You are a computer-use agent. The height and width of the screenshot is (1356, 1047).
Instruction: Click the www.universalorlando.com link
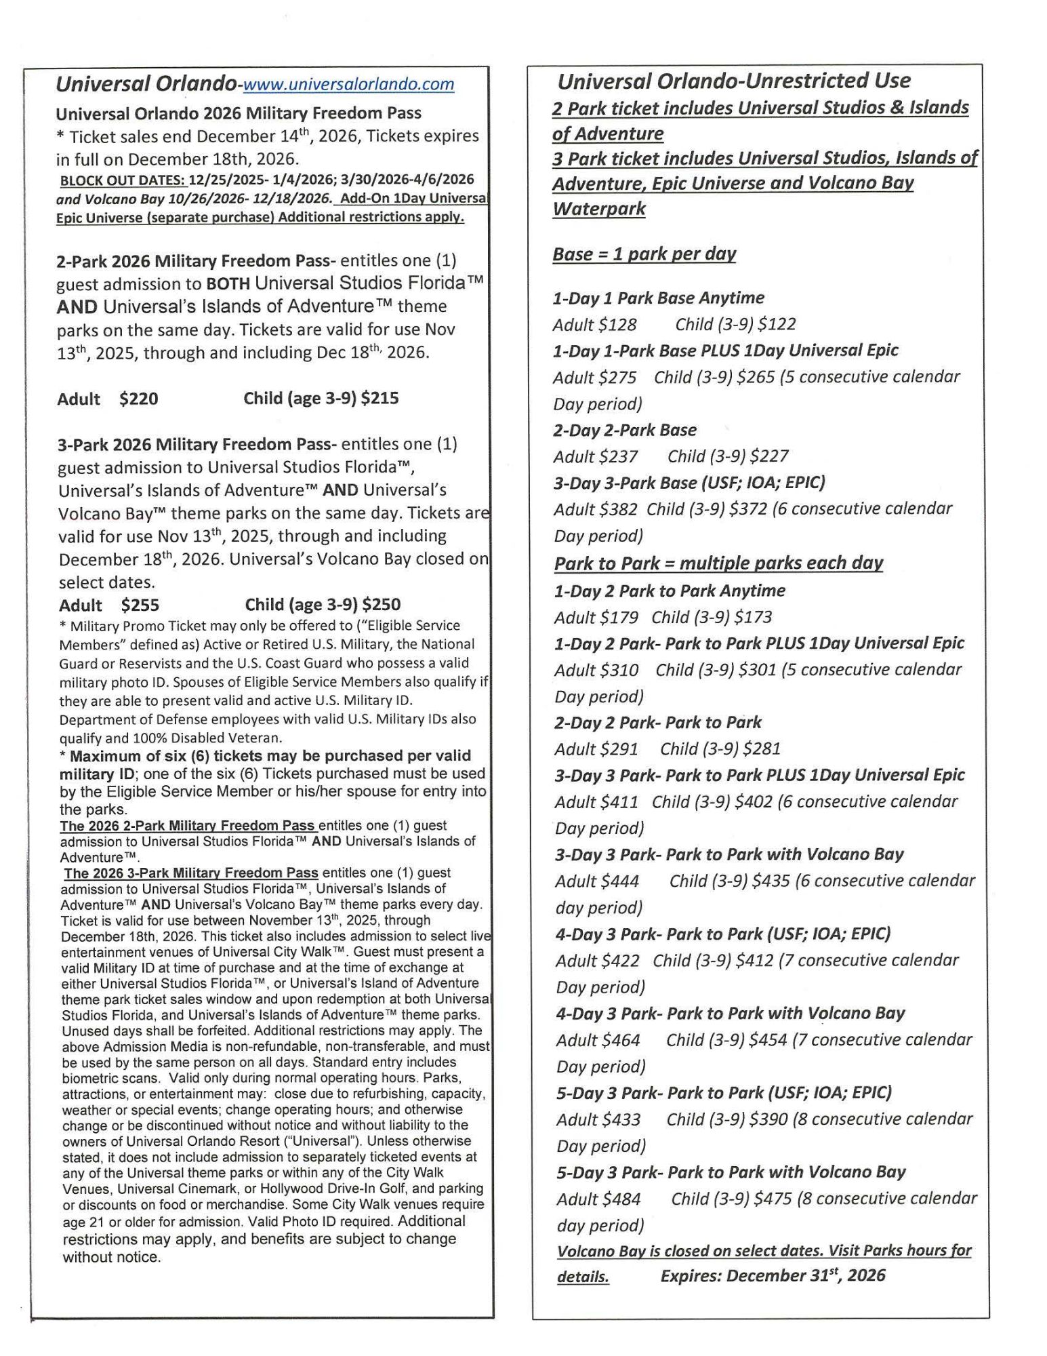point(348,84)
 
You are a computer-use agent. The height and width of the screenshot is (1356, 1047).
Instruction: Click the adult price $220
point(138,399)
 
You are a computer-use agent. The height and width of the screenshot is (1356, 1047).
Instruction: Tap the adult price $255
point(140,605)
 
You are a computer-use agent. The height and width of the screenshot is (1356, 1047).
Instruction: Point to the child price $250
point(382,605)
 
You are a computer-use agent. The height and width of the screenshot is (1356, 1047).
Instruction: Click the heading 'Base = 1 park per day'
point(644,254)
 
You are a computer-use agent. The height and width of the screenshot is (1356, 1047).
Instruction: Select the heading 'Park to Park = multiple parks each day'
point(718,563)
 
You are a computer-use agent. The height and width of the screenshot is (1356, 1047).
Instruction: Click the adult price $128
point(617,325)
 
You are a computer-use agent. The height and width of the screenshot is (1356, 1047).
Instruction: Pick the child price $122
point(777,325)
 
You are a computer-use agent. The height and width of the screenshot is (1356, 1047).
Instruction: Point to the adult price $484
point(619,1199)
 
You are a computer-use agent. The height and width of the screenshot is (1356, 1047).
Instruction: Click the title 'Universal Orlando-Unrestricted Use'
point(734,81)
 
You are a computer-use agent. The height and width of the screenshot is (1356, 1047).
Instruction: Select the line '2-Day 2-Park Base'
point(625,431)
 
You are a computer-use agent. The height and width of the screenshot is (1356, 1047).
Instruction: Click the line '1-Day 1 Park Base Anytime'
point(658,298)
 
